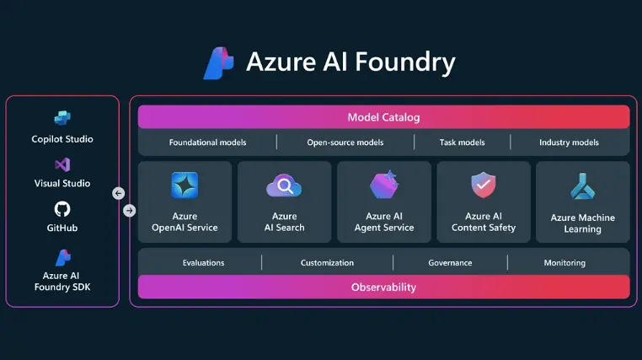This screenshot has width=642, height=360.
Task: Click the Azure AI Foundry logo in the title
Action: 219,63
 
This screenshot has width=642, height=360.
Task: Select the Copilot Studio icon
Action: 62,117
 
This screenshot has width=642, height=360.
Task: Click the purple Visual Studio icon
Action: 62,164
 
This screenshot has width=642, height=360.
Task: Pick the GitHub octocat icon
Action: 62,209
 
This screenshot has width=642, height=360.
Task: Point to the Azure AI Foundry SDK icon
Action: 62,256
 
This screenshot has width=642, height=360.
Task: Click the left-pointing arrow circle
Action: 119,193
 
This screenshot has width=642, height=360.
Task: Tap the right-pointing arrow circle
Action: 129,210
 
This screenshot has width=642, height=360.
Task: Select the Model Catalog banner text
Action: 383,117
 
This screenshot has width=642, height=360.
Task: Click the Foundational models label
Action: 207,142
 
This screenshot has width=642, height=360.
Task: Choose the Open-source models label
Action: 345,142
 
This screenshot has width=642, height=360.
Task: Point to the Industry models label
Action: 569,142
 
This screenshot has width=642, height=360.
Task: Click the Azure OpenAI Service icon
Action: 184,185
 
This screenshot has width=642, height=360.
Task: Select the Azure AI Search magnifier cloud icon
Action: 284,185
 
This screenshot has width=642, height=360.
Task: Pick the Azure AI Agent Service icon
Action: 384,185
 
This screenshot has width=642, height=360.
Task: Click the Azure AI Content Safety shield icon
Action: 484,184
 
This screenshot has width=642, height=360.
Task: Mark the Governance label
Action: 450,263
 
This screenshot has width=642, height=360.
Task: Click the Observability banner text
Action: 383,287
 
